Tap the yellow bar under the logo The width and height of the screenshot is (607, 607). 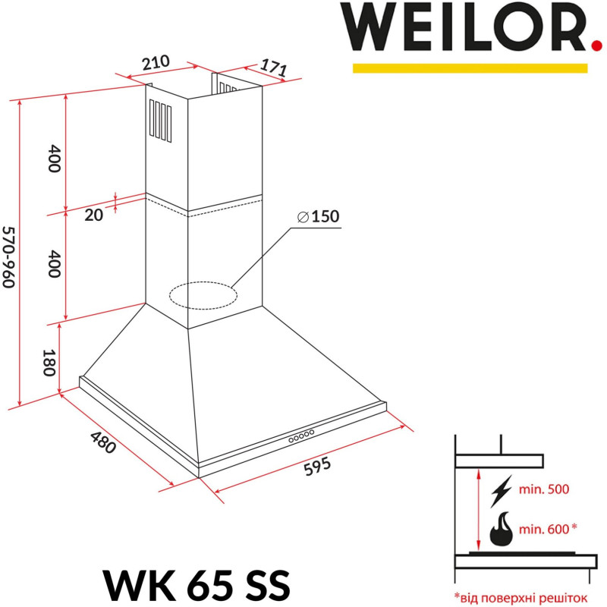click(x=470, y=68)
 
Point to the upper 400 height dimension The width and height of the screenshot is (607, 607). click(x=53, y=158)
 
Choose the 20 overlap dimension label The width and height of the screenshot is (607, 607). click(x=93, y=215)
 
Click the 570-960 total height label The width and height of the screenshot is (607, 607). click(x=8, y=256)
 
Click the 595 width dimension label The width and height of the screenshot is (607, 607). click(x=316, y=467)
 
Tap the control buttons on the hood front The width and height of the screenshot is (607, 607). click(x=300, y=436)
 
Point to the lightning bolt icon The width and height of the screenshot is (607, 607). click(x=502, y=490)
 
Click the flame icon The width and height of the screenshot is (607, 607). click(x=502, y=529)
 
